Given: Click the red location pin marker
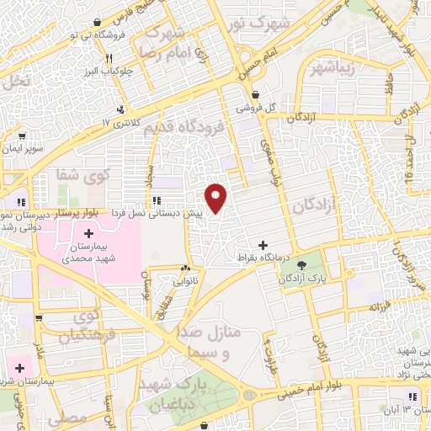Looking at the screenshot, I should coord(217,197).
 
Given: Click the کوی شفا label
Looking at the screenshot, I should coord(88,176).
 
